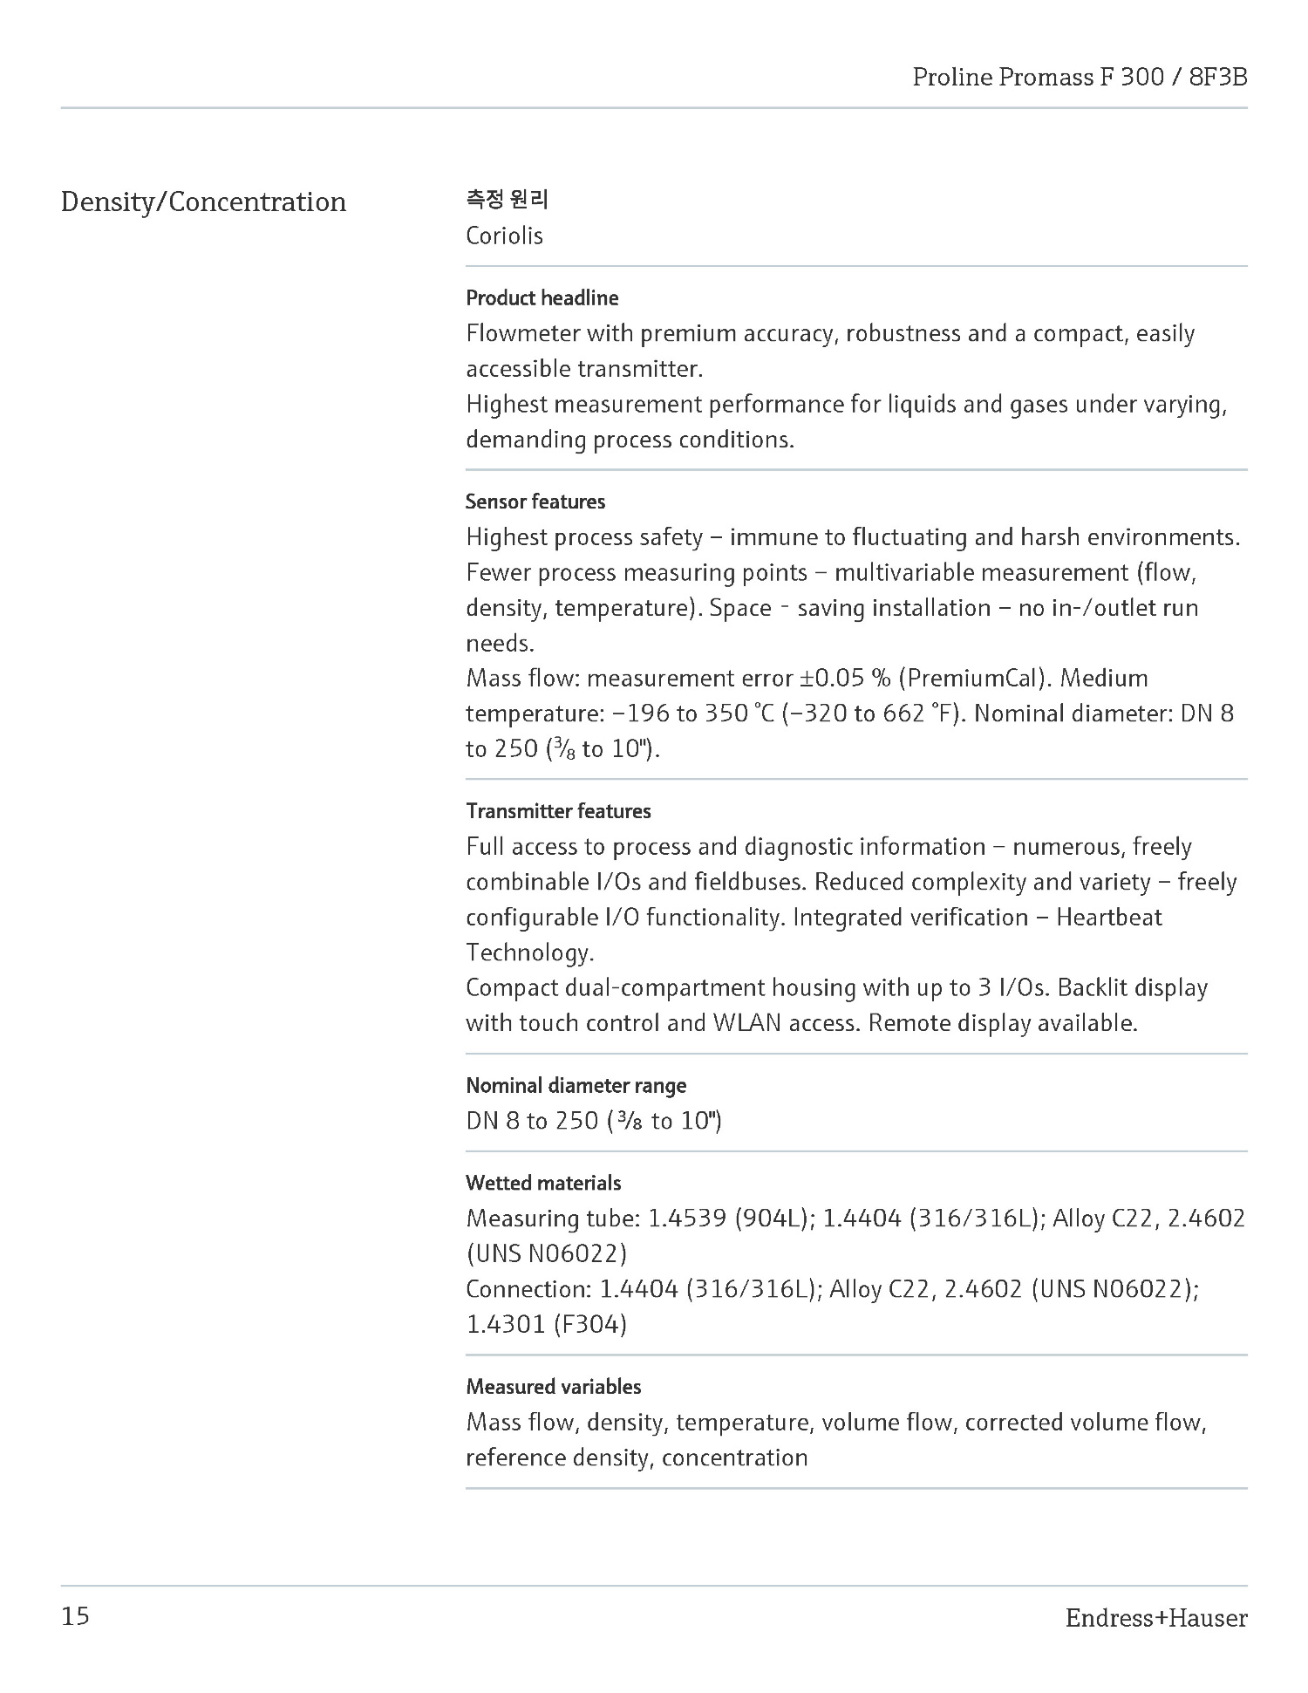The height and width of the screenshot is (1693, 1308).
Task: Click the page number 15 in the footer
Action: tap(76, 1616)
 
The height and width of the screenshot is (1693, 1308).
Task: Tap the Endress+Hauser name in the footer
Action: tap(1155, 1618)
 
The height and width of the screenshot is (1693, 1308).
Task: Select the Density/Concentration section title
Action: tap(203, 201)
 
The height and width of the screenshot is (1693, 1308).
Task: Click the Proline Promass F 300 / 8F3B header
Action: tap(1080, 77)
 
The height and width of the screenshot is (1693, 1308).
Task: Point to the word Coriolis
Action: tap(504, 236)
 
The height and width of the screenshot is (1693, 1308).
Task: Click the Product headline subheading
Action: tap(542, 298)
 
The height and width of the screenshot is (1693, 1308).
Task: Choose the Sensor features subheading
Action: tap(535, 502)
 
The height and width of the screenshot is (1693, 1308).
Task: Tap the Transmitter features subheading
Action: tap(558, 811)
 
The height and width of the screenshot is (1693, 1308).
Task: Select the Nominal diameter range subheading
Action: tap(576, 1085)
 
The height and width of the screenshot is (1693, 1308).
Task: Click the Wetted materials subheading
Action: tap(543, 1183)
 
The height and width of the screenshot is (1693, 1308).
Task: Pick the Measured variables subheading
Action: tap(553, 1386)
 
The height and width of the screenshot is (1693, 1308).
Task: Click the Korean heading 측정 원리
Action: tap(507, 200)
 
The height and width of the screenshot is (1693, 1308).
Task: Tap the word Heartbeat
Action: tap(1108, 917)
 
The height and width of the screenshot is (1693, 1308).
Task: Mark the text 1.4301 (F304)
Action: tap(546, 1324)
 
